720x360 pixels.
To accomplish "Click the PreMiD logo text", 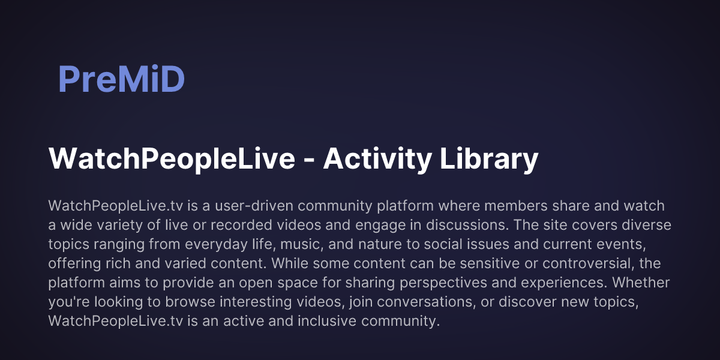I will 121,79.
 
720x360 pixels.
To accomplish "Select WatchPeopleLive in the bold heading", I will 172,160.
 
